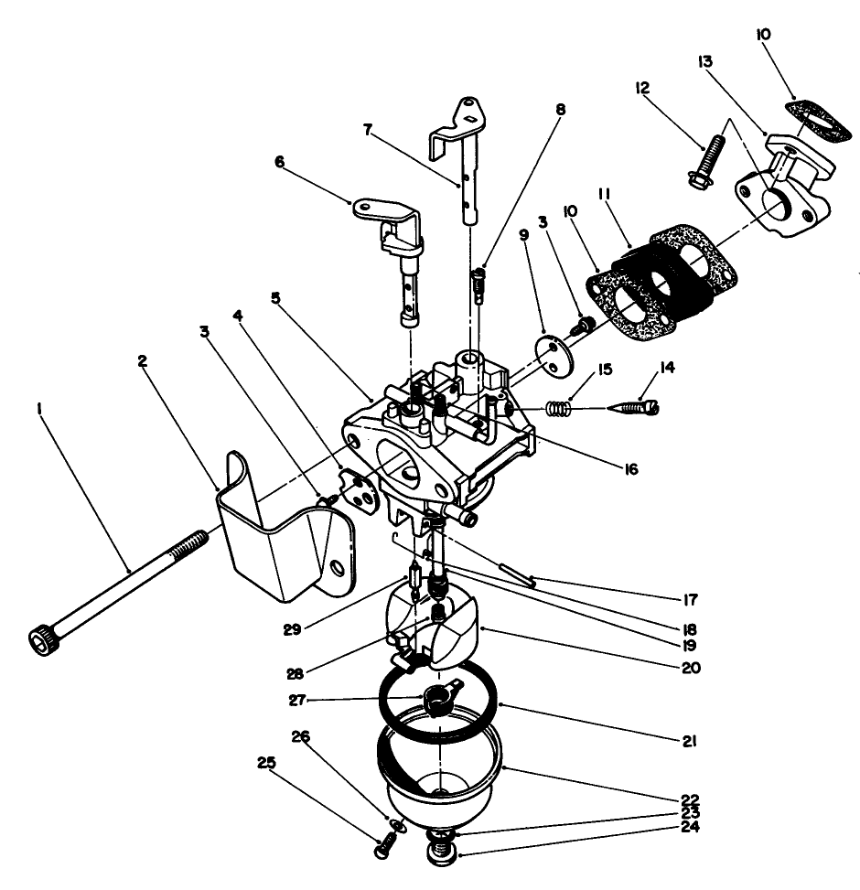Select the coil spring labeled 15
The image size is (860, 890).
(x=559, y=408)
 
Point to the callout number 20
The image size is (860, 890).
(x=691, y=667)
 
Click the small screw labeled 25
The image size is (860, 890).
(x=383, y=850)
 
